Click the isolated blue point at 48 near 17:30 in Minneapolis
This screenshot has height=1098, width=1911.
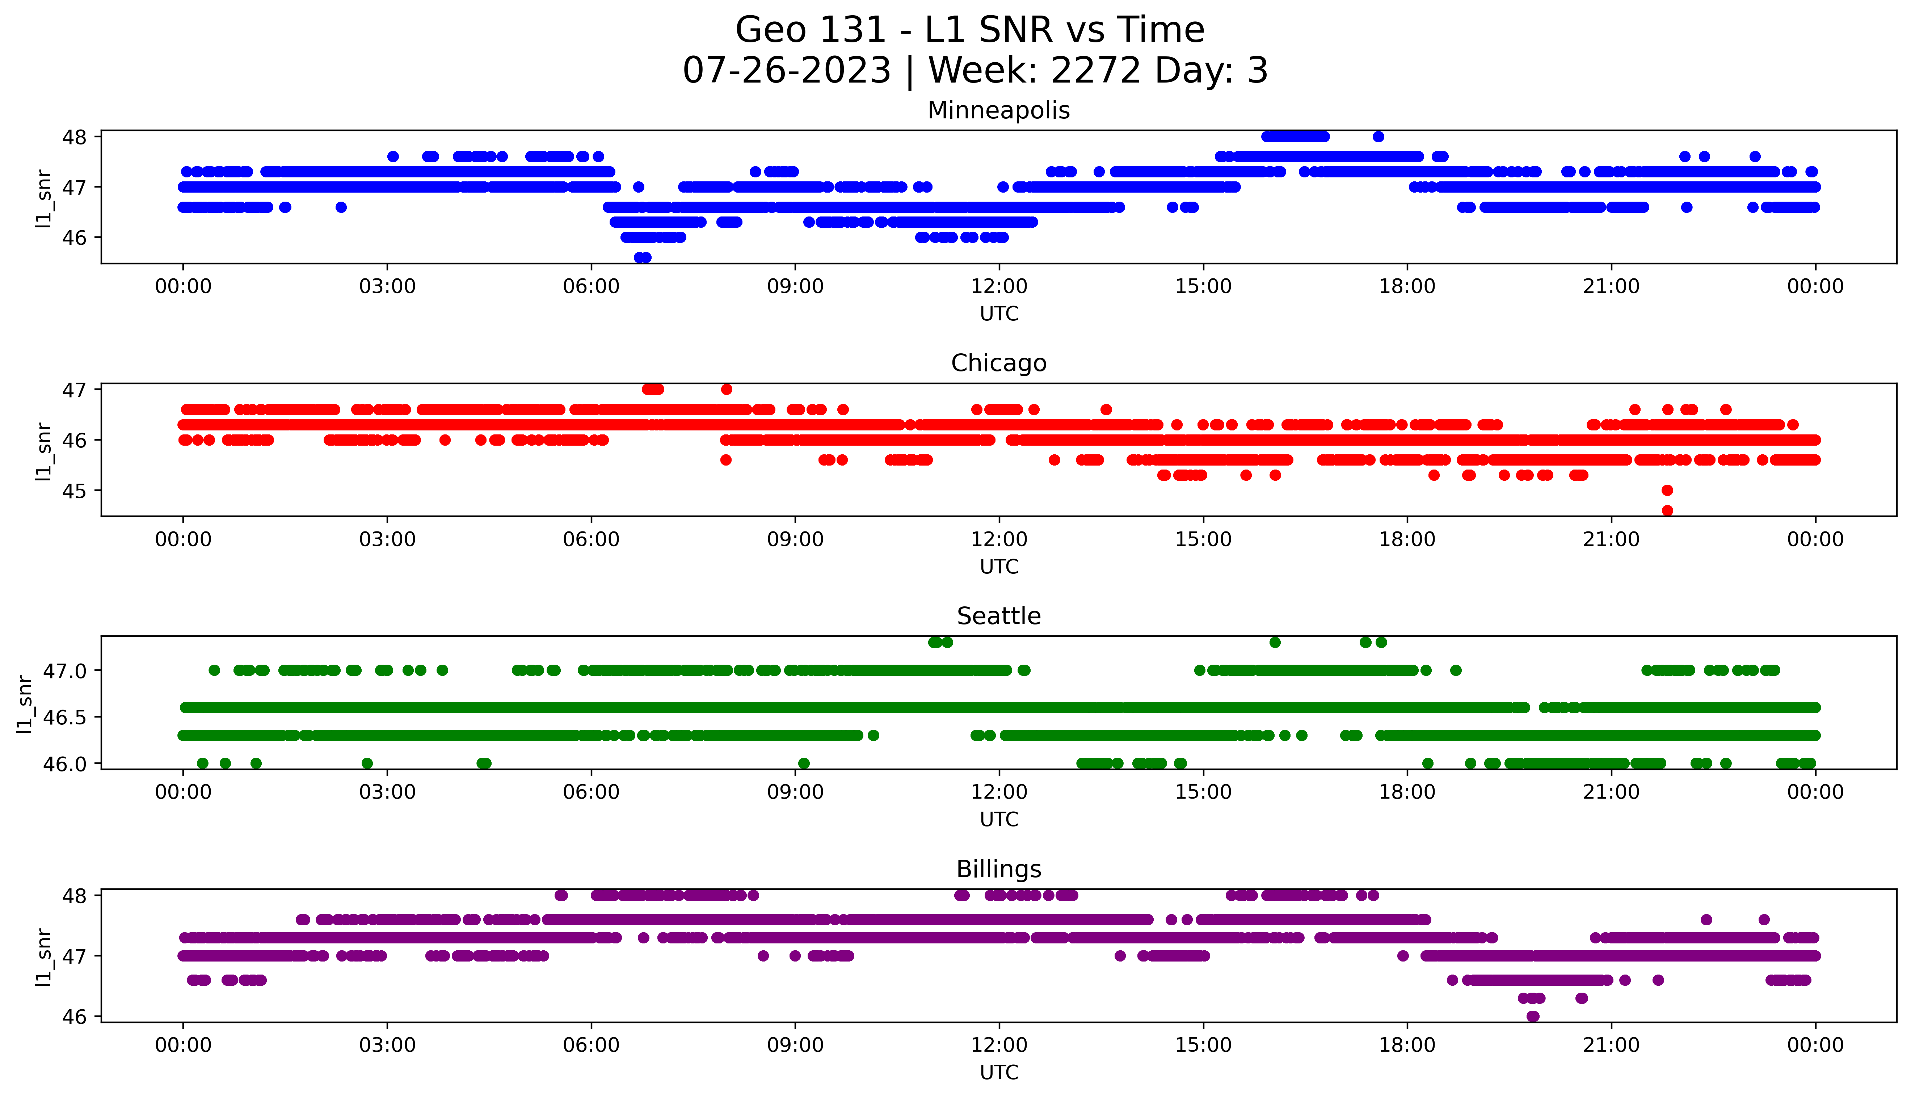coord(1378,136)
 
